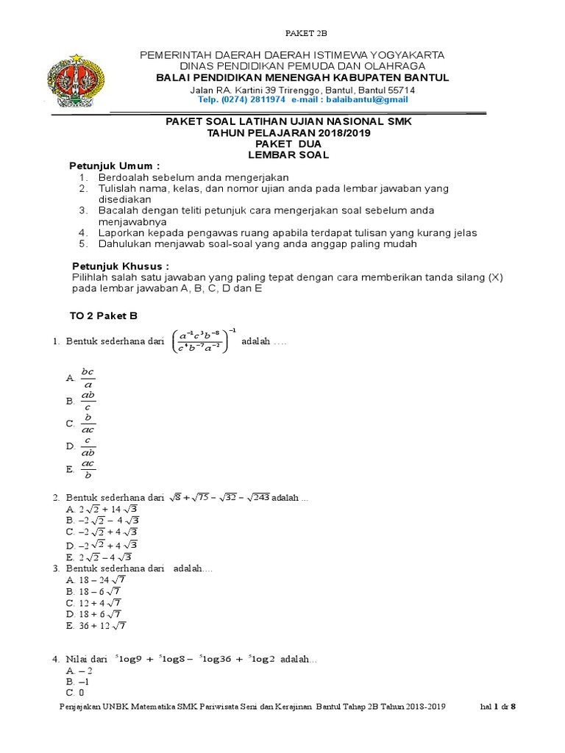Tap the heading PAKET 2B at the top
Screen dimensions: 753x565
(x=305, y=34)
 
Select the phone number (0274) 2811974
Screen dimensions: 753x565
(x=255, y=99)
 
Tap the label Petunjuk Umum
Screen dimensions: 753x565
(x=114, y=166)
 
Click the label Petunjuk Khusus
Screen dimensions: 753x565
(x=120, y=265)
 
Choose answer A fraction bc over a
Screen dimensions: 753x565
(x=88, y=376)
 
